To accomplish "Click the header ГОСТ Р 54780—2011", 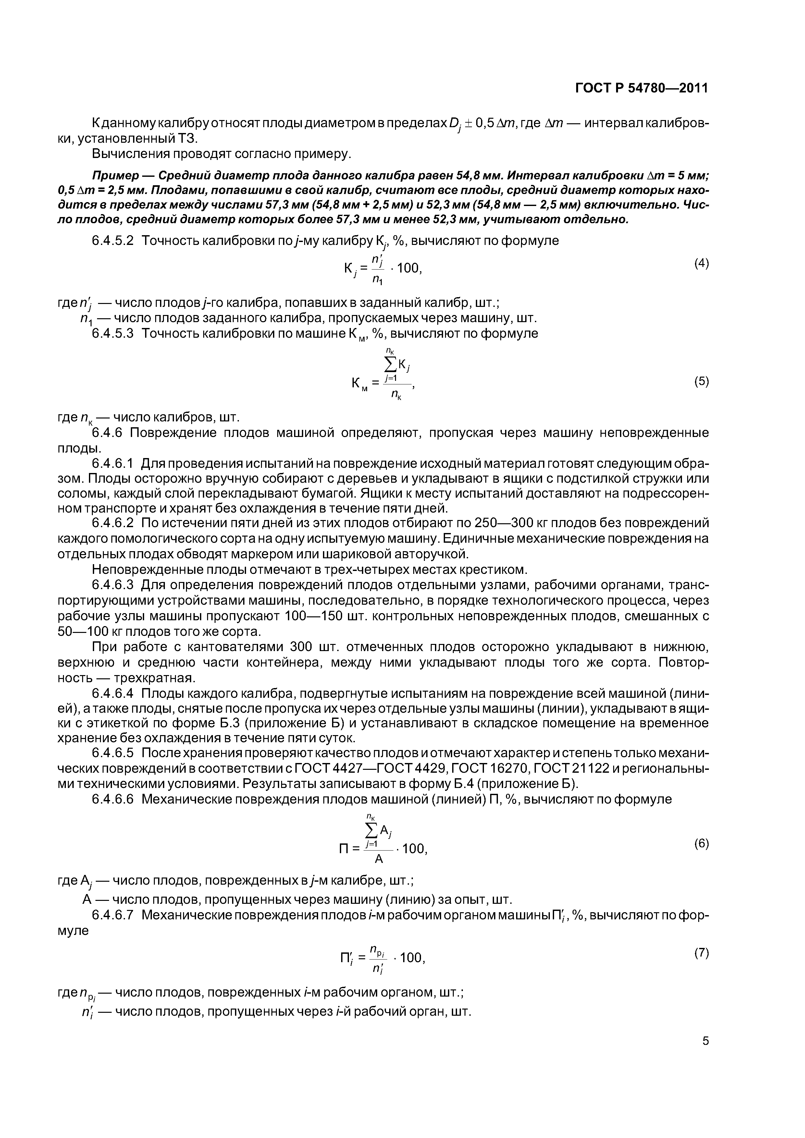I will [x=642, y=88].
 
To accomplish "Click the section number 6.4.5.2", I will [x=113, y=241].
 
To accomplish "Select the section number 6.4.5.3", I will [x=113, y=333].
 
